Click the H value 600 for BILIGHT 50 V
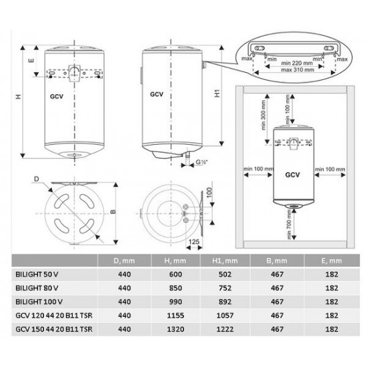coord(175,274)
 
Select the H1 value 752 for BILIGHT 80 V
coord(225,288)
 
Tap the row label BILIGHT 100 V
coord(39,302)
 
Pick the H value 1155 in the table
coord(175,316)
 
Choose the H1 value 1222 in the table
coord(225,330)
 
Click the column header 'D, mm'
coord(124,261)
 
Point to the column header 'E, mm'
coord(332,261)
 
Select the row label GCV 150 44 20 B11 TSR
coord(54,330)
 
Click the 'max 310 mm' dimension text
coord(298,70)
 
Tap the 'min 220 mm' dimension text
coord(297,63)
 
